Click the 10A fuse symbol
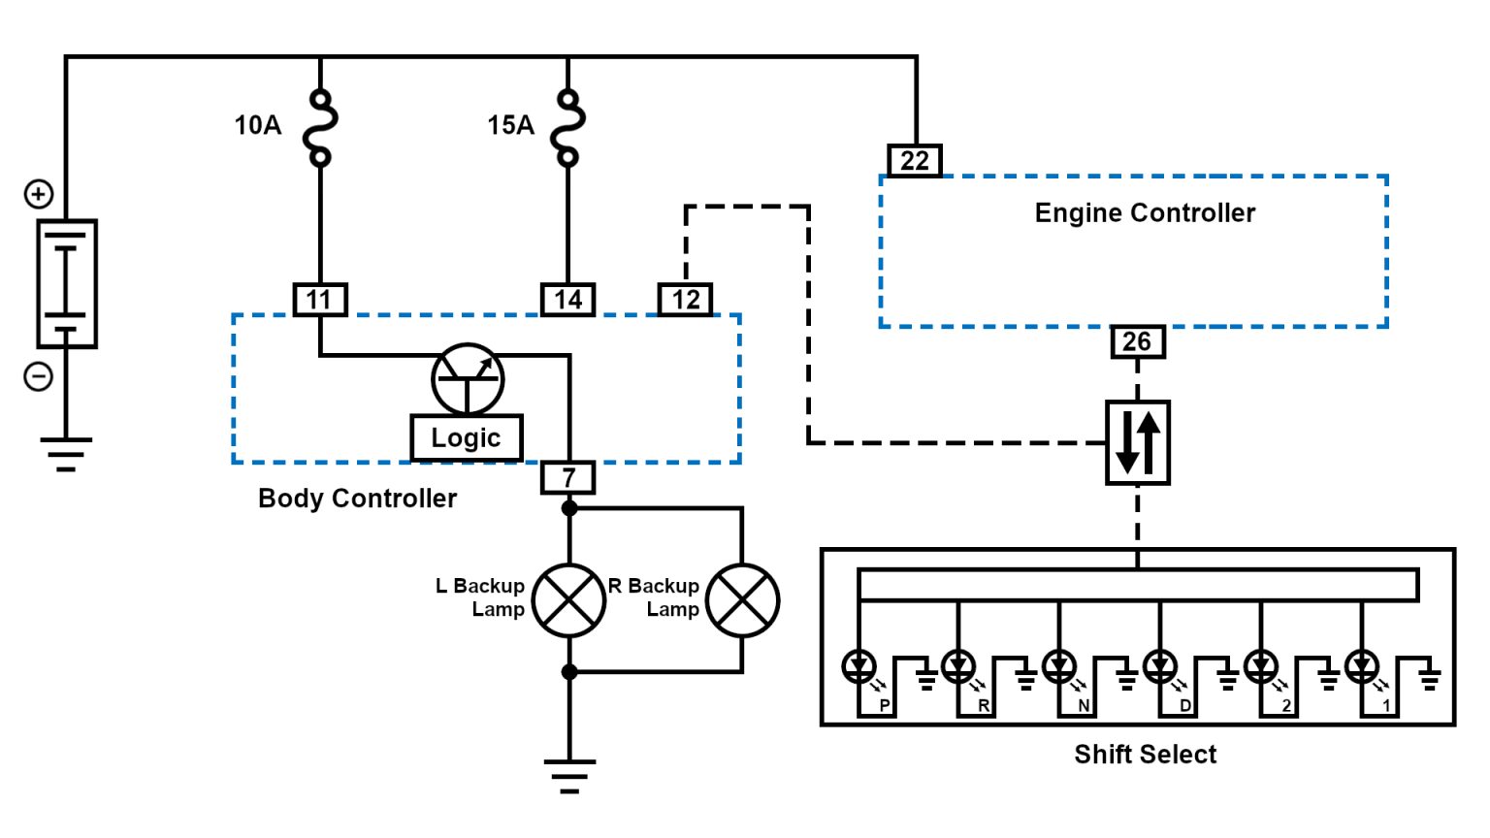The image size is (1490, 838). (x=320, y=127)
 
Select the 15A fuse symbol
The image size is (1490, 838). (x=568, y=127)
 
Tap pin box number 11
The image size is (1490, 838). (x=320, y=300)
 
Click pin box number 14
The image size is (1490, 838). (x=567, y=300)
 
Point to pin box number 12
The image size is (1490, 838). (x=686, y=300)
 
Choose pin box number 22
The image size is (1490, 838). (x=915, y=160)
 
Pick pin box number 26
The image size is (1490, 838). (x=1137, y=341)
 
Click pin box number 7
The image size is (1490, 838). (x=568, y=477)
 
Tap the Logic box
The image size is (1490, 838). (x=467, y=437)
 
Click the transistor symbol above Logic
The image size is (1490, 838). (x=468, y=378)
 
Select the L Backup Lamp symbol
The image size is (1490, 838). (x=569, y=600)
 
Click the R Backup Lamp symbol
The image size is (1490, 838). (x=742, y=600)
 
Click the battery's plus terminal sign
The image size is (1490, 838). (x=39, y=194)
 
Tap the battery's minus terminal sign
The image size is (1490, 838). (x=39, y=375)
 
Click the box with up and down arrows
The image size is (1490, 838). (x=1138, y=442)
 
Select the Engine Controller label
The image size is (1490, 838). (x=1145, y=213)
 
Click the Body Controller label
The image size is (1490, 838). (x=357, y=499)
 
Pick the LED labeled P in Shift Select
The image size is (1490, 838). (x=859, y=666)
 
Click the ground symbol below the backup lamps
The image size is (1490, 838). (x=569, y=775)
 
